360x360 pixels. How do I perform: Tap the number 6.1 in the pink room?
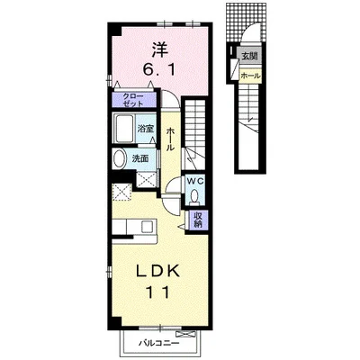[158, 71]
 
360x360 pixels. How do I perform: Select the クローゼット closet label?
[133, 100]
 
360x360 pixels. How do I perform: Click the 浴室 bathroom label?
[146, 129]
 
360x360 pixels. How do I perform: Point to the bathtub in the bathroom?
[124, 128]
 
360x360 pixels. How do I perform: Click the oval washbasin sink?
[121, 158]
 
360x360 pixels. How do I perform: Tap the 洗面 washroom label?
[140, 158]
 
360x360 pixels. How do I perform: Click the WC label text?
[195, 181]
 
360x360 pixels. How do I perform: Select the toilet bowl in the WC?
[195, 197]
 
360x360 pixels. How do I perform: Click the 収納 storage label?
[197, 220]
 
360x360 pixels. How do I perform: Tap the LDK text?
[158, 271]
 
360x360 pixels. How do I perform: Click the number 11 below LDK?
[158, 292]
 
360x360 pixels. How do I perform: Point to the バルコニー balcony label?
[159, 343]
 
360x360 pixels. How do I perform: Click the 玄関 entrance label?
[249, 56]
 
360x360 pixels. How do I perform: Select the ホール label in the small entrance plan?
[250, 76]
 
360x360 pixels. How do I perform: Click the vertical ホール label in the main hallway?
[170, 139]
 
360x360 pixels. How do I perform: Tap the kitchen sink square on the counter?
[147, 227]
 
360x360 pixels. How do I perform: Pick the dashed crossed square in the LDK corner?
[122, 192]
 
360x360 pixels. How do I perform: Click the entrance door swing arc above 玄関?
[251, 31]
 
